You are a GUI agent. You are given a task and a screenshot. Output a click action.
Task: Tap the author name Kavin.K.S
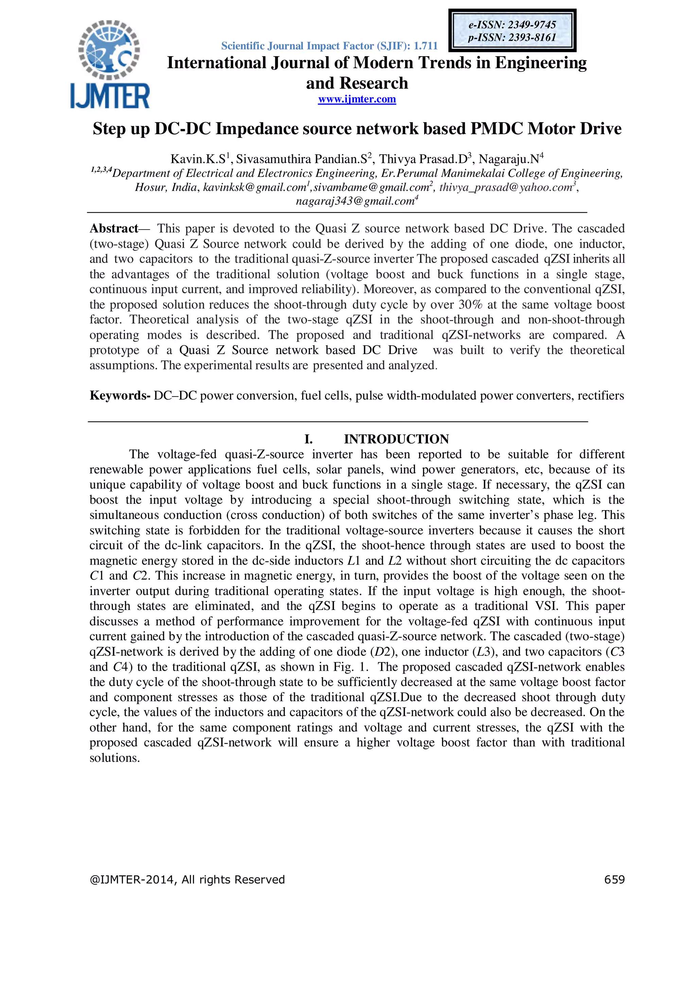point(198,159)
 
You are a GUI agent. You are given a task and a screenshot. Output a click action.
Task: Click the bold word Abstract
point(114,228)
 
